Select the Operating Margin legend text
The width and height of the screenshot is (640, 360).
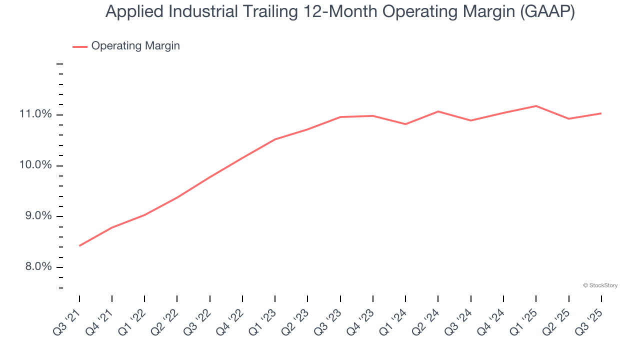click(x=135, y=46)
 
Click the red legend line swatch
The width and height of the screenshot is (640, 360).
click(x=80, y=46)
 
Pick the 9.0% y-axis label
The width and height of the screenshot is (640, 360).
click(x=38, y=216)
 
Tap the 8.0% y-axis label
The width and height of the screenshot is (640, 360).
click(x=38, y=267)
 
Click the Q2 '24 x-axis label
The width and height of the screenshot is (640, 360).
click(x=426, y=321)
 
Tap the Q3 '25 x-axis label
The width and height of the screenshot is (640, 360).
click(x=589, y=321)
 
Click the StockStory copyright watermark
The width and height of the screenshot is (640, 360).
click(x=600, y=285)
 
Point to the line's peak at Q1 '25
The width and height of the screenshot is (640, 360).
click(x=536, y=106)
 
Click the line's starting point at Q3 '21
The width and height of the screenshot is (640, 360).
click(x=79, y=245)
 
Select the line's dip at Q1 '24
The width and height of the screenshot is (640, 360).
click(x=405, y=124)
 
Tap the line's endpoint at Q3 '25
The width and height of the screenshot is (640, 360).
click(x=601, y=113)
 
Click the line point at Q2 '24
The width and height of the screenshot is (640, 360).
click(x=438, y=111)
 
